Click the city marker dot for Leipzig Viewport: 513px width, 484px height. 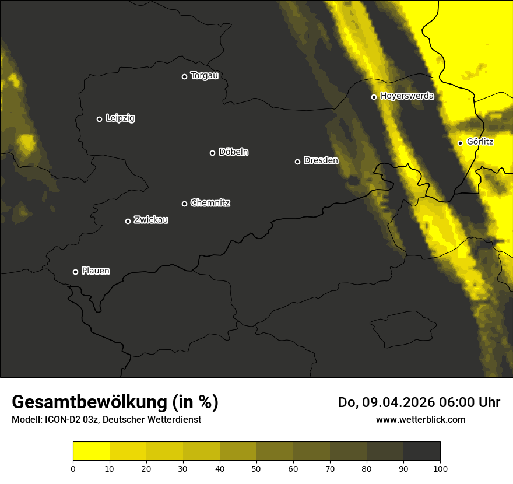(x=99, y=119)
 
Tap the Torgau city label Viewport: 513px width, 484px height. (x=204, y=76)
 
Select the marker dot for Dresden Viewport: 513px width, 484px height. (x=297, y=162)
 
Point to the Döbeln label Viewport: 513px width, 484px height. (x=233, y=152)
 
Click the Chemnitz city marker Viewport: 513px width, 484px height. (x=184, y=204)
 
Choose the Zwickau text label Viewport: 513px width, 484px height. (x=151, y=220)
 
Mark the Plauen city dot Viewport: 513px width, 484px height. (x=75, y=272)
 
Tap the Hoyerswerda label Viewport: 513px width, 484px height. (x=407, y=96)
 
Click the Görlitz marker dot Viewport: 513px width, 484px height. (x=460, y=143)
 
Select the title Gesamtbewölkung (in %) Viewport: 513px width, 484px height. (x=115, y=402)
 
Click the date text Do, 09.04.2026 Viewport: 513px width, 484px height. (x=385, y=402)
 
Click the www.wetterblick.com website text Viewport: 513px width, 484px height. (x=420, y=419)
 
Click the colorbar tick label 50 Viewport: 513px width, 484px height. (x=256, y=468)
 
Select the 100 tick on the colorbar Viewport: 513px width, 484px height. (x=440, y=468)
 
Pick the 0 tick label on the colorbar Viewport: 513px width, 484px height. (x=73, y=468)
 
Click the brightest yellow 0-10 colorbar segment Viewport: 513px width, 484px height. (x=91, y=451)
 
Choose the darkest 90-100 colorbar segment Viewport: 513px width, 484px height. (x=421, y=451)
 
